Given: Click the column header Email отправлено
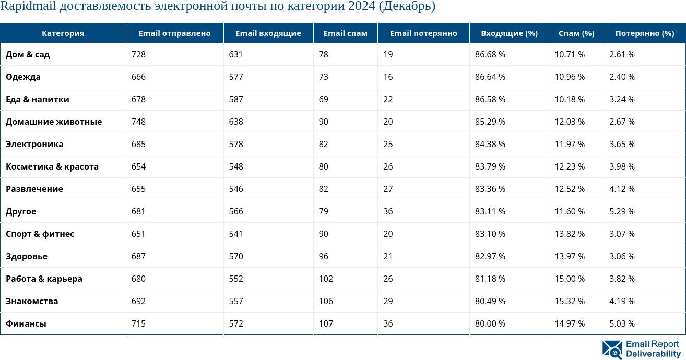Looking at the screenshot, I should (x=174, y=33).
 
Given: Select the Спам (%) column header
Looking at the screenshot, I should (x=576, y=33).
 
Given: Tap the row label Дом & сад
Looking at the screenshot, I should (x=28, y=54).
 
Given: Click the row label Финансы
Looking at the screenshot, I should (x=26, y=323).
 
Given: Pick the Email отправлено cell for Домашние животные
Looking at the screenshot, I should (x=138, y=122).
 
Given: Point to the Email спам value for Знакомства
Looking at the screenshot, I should (x=326, y=301).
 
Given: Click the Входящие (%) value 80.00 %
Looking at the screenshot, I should (x=490, y=323).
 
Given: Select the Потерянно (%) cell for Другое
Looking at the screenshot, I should (x=622, y=211).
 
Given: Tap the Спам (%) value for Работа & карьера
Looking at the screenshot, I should (x=570, y=279).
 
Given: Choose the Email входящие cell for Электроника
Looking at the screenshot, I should (x=236, y=144).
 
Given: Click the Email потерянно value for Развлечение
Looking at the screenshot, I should (x=388, y=189).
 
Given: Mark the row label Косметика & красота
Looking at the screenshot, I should (x=52, y=166).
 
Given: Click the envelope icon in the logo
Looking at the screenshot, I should (x=612, y=350).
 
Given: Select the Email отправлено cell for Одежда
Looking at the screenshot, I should (x=138, y=77).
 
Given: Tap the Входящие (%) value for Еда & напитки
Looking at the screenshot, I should (x=490, y=99).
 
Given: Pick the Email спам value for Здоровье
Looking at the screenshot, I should (x=324, y=256).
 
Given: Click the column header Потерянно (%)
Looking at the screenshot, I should (x=645, y=33).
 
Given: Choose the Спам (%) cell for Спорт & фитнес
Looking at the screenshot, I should (x=570, y=234).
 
